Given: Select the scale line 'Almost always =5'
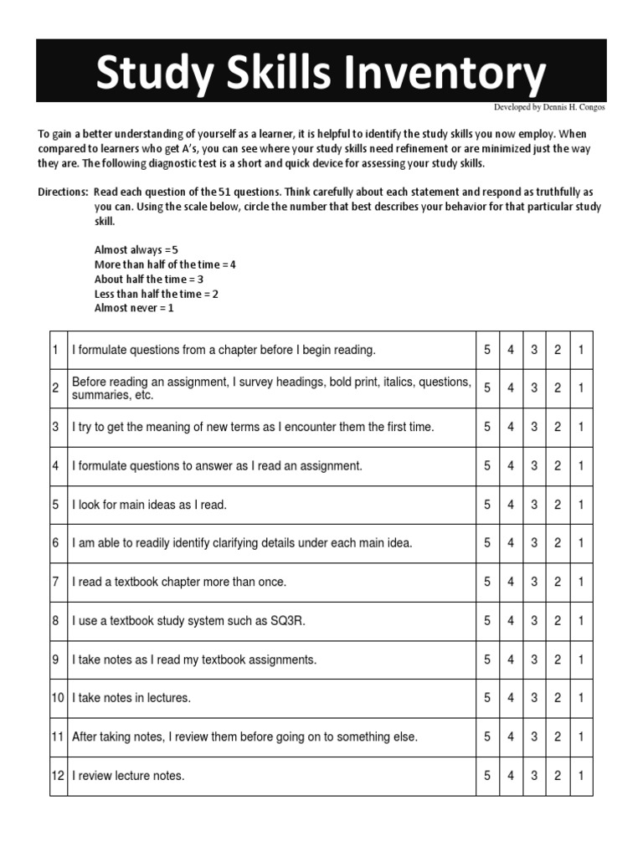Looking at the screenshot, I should pyautogui.click(x=136, y=249).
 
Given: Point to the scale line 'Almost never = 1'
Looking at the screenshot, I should pyautogui.click(x=134, y=308).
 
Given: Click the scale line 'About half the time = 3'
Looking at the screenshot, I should pyautogui.click(x=149, y=279).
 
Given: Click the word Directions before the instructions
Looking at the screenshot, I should pyautogui.click(x=63, y=192).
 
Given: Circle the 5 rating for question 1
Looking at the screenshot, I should pyautogui.click(x=487, y=350).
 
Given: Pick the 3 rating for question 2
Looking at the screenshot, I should pyautogui.click(x=534, y=388).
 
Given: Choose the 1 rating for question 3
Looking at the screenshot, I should pyautogui.click(x=581, y=427).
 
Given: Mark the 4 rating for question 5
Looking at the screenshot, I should pyautogui.click(x=511, y=505).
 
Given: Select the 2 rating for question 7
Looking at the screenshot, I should pyautogui.click(x=558, y=582).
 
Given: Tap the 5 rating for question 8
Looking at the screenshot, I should pyautogui.click(x=487, y=621).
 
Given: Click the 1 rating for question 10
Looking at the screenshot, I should pyautogui.click(x=581, y=698).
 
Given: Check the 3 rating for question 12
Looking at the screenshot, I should pyautogui.click(x=534, y=776).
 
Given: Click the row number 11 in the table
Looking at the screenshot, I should pyautogui.click(x=58, y=737).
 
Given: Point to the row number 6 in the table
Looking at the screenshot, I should pyautogui.click(x=55, y=543).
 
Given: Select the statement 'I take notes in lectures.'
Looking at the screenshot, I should pyautogui.click(x=131, y=698).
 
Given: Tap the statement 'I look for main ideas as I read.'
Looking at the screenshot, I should pyautogui.click(x=149, y=505).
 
